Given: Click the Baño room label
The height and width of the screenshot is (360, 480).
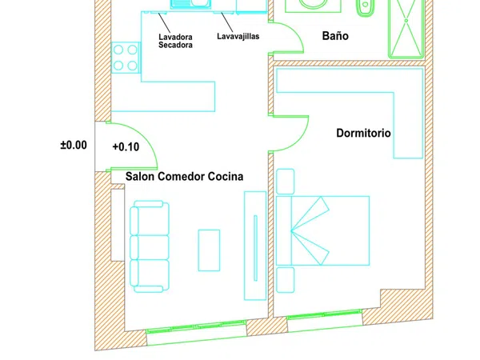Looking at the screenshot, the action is click(335, 36).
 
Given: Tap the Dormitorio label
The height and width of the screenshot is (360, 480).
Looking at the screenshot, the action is click(363, 133).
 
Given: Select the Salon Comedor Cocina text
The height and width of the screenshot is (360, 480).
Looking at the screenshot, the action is click(184, 177).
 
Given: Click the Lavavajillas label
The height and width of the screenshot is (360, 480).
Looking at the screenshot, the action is click(238, 36).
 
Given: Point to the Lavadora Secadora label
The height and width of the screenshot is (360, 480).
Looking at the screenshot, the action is click(175, 41).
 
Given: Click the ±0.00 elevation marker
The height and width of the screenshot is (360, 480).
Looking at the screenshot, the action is click(74, 145).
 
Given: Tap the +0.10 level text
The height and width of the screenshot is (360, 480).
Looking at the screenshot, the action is click(126, 147).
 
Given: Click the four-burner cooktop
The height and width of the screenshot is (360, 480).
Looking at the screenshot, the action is click(126, 58).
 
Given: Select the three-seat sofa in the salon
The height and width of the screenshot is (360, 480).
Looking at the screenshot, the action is click(150, 246).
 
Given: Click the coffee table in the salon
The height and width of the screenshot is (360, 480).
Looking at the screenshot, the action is click(209, 250).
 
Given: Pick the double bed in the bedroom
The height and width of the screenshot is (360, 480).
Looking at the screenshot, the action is click(322, 230).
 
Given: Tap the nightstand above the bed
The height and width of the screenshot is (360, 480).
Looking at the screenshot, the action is click(286, 182).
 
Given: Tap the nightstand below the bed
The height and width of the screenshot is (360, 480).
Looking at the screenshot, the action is click(286, 280).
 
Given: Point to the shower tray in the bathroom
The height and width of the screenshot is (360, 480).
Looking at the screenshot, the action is click(406, 28).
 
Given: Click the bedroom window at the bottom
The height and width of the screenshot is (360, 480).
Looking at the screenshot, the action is click(325, 314).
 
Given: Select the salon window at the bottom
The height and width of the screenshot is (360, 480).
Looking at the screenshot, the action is click(196, 326).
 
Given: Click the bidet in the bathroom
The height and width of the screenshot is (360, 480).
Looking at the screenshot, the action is click(366, 8).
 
